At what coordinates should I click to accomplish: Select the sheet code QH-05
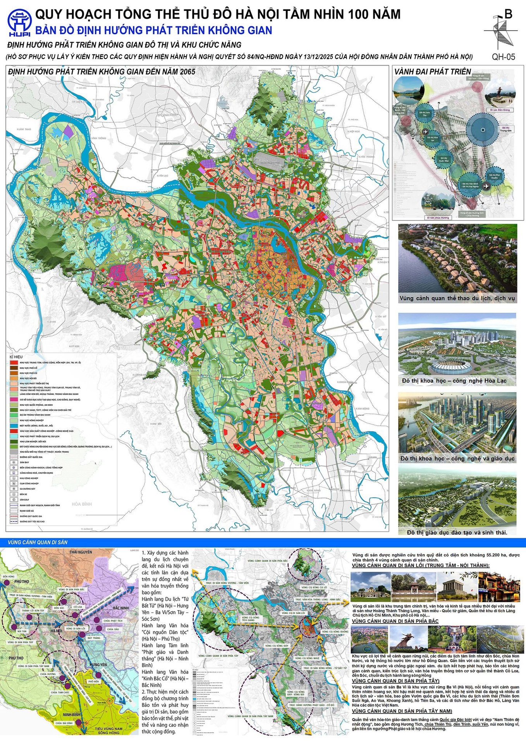(504, 57)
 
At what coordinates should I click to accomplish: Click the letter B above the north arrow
(509, 14)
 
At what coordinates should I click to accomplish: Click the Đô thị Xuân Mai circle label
(444, 159)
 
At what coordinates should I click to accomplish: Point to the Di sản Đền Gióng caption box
(500, 110)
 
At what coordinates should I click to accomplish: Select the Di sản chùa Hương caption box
(438, 217)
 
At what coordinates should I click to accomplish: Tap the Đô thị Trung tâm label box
(505, 129)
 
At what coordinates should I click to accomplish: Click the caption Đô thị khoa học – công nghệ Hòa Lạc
(454, 381)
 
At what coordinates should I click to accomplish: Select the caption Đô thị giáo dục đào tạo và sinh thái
(457, 532)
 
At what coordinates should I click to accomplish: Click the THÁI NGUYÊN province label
(81, 552)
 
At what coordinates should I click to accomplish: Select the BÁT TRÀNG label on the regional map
(94, 638)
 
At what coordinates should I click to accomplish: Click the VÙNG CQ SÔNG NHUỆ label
(307, 658)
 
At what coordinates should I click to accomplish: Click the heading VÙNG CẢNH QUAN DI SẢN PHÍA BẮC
(395, 621)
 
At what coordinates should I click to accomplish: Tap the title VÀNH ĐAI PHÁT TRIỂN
(432, 72)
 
